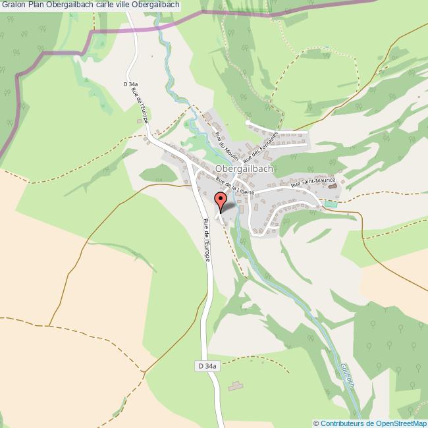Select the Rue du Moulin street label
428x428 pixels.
pyautogui.click(x=227, y=147)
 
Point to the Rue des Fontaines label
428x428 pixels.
pyautogui.click(x=261, y=147)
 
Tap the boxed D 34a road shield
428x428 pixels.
pyautogui.click(x=207, y=365)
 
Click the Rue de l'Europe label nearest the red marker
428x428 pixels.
pyautogui.click(x=206, y=241)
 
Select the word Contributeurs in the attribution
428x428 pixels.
pyautogui.click(x=342, y=423)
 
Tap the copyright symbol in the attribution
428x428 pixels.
pyautogui.click(x=317, y=423)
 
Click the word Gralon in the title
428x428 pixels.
pyautogui.click(x=13, y=5)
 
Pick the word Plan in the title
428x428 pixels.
pyautogui.click(x=36, y=5)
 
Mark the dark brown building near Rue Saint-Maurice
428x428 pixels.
pyautogui.click(x=333, y=186)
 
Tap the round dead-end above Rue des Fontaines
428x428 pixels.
pyautogui.click(x=248, y=122)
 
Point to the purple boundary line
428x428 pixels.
pyautogui.click(x=165, y=23)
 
